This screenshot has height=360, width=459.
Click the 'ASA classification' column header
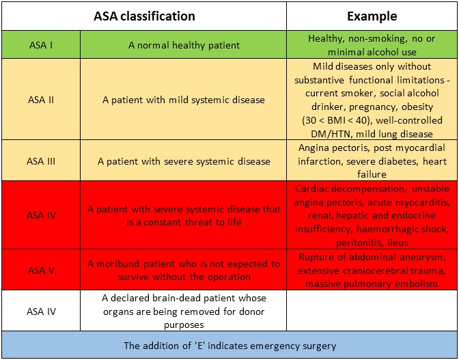(x=144, y=16)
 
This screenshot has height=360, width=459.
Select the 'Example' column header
(x=372, y=16)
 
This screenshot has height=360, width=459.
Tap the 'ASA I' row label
(x=41, y=45)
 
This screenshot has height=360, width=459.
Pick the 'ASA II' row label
(x=41, y=100)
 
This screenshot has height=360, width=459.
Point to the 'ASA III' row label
(x=41, y=161)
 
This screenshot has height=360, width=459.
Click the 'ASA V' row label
(x=41, y=270)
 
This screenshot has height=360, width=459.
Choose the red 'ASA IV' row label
(x=41, y=215)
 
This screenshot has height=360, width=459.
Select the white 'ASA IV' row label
(x=41, y=311)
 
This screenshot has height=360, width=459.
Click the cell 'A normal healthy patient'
(x=184, y=45)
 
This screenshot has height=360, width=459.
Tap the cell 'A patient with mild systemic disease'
(x=184, y=100)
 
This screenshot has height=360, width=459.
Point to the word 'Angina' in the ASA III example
(x=311, y=148)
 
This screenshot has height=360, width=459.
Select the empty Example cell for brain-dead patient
(x=372, y=311)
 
